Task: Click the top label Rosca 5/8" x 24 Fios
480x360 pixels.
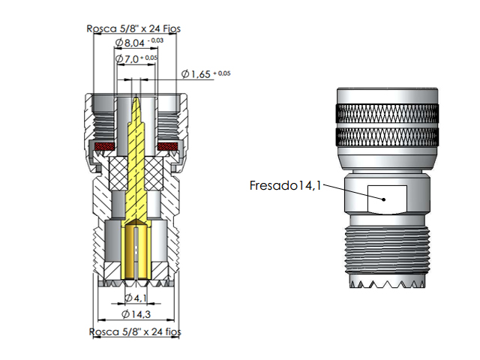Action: coord(133,29)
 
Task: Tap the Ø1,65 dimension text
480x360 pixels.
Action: coord(196,73)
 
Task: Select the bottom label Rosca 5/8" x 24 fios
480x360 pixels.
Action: coord(135,330)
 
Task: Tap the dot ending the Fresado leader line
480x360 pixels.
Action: coord(383,199)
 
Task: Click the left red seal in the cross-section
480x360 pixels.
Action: coord(103,145)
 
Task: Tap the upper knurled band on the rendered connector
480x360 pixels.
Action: coord(386,115)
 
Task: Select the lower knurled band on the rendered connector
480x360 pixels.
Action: coord(386,138)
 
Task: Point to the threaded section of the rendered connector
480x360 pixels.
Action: coord(386,251)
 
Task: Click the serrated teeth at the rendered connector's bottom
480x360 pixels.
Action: coord(386,285)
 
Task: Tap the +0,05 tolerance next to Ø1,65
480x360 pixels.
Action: coord(222,72)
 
